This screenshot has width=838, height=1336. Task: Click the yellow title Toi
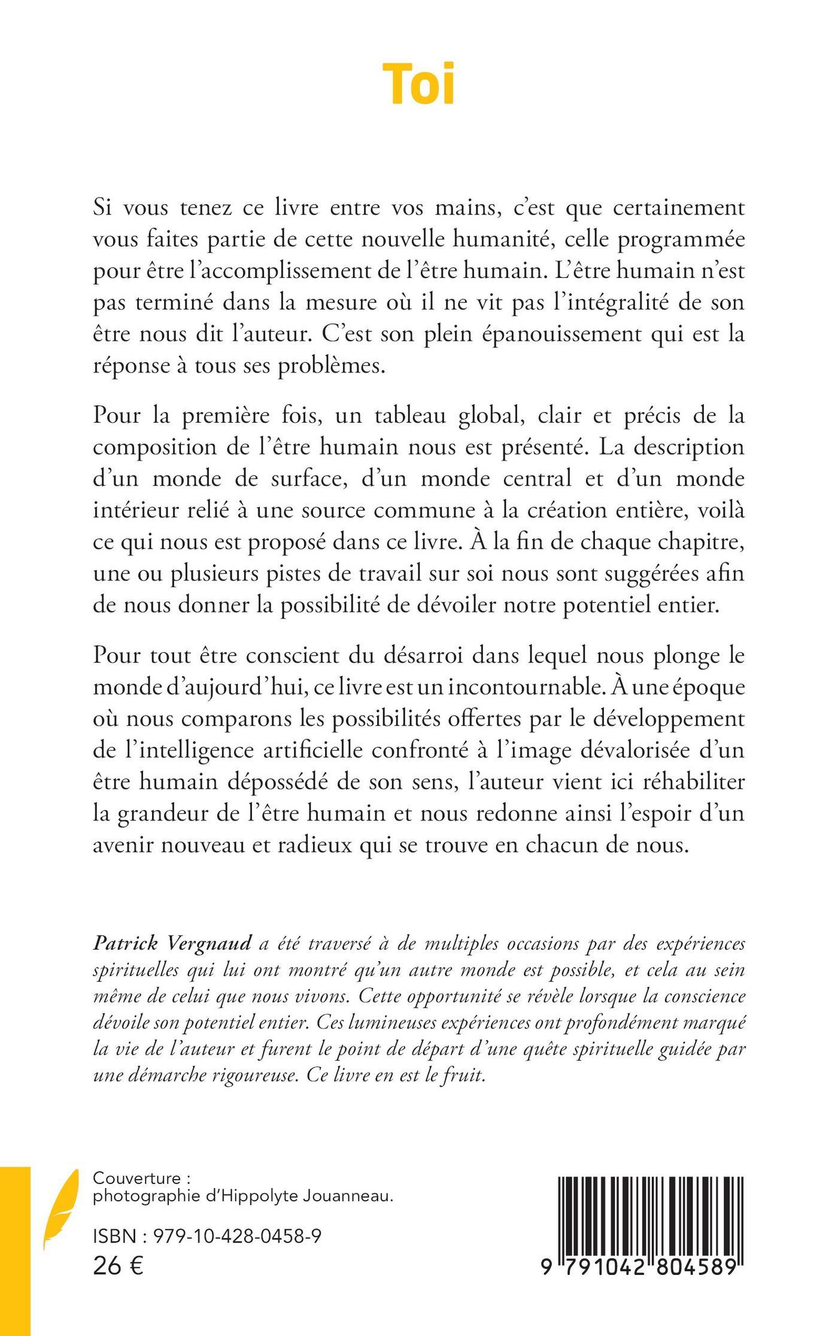coord(419,83)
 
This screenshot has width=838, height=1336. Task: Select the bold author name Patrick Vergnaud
coord(173,944)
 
